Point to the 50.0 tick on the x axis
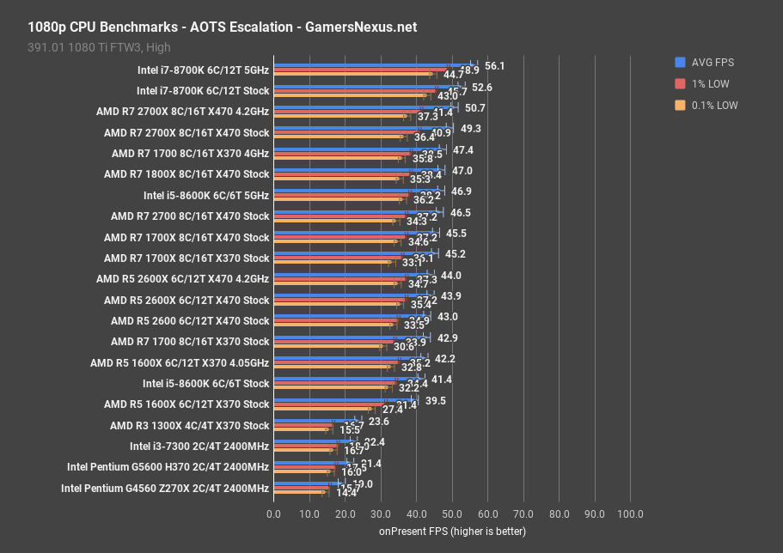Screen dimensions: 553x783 click(x=451, y=514)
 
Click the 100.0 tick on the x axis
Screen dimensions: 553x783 click(x=629, y=514)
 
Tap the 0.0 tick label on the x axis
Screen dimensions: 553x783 click(x=273, y=514)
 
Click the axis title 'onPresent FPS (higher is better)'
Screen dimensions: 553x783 click(x=452, y=532)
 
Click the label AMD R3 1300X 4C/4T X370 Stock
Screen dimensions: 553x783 click(x=189, y=426)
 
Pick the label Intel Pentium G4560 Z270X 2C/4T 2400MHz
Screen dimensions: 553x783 click(x=164, y=489)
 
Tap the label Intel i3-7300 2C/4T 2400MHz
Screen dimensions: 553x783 click(x=199, y=447)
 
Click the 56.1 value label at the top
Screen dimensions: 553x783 click(x=494, y=66)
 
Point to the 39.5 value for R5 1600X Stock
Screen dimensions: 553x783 click(x=435, y=400)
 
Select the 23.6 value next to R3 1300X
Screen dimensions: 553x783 click(x=378, y=422)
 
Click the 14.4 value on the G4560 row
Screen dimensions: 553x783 click(x=346, y=493)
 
